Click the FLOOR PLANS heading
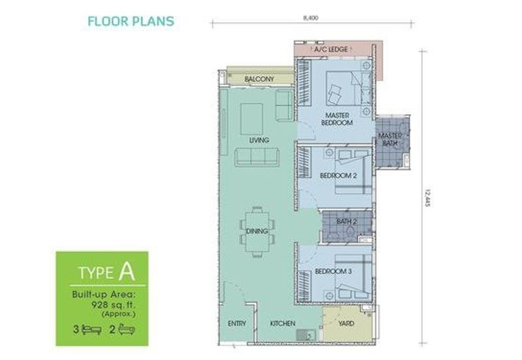click(131, 22)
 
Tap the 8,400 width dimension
click(311, 18)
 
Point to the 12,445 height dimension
click(428, 198)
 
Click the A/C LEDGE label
click(331, 50)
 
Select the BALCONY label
click(259, 79)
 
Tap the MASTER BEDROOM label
click(337, 119)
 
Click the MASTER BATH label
click(390, 140)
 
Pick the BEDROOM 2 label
click(338, 175)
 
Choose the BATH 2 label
click(346, 222)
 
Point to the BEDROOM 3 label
click(333, 271)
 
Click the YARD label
click(346, 323)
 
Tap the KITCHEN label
click(283, 323)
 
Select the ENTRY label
click(237, 323)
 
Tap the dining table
click(257, 231)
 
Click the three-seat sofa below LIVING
click(257, 157)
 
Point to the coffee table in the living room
click(251, 119)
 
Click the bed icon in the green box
click(91, 329)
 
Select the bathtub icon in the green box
click(127, 329)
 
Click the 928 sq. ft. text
click(114, 305)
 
